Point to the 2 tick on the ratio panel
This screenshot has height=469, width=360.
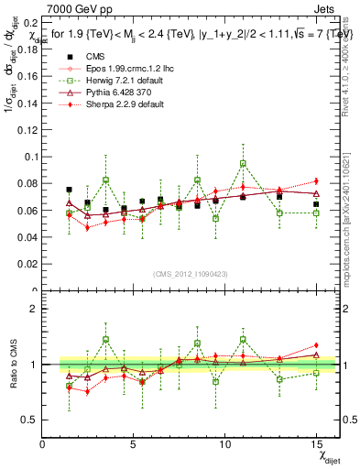click(34, 308)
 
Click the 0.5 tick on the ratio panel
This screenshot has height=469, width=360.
click(29, 420)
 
